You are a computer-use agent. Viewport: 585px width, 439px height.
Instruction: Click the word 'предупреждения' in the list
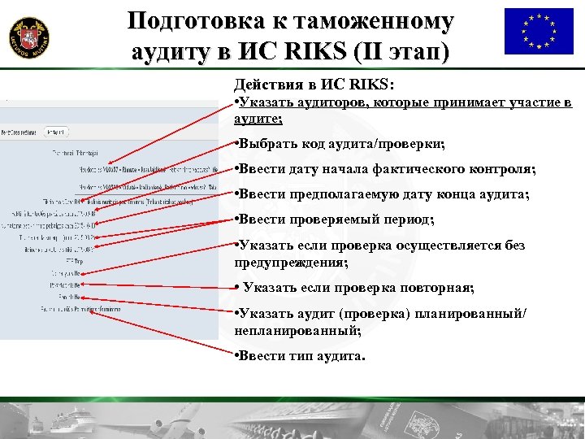(x=288, y=263)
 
